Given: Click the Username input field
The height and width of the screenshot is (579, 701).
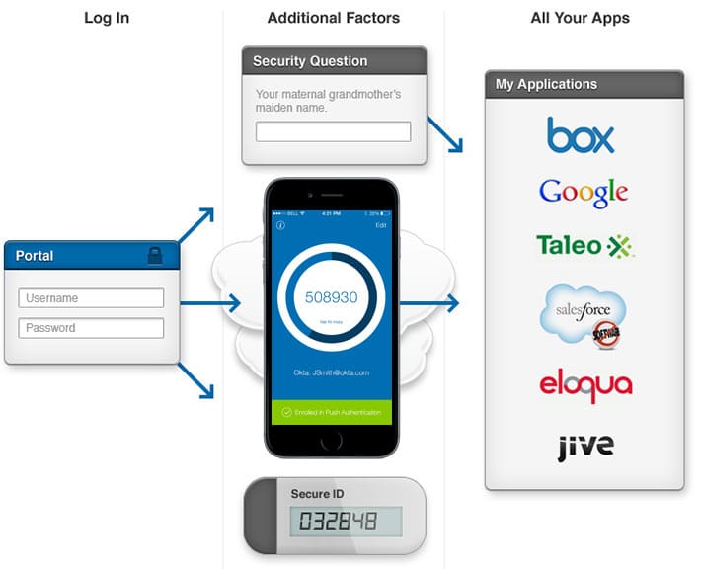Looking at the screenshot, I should point(91,297).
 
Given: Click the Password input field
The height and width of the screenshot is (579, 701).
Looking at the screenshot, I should point(91,328).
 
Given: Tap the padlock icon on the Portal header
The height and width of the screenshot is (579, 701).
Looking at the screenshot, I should point(156,255).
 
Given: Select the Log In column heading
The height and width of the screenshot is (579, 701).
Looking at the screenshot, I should point(107,18).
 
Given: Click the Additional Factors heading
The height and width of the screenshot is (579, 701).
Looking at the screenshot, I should point(333,18).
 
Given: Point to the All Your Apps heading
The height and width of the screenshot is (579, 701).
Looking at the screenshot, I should point(580,18).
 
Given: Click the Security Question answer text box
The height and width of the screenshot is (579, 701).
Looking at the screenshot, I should point(333,131).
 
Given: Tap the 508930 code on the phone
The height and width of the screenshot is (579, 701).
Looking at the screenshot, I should point(332,297).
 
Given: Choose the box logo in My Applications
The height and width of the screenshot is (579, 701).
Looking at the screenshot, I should point(581,135).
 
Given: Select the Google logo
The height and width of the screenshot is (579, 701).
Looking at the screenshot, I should point(584,192).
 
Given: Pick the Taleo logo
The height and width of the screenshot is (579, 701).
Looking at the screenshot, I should point(584,245).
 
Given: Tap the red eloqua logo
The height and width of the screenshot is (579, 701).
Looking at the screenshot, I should point(584,384).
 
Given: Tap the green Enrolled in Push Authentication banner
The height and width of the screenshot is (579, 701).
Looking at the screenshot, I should point(332,411).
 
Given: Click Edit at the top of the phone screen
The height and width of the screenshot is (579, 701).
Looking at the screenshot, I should point(381,226).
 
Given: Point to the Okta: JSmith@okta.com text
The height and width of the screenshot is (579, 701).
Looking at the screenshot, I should point(332,372).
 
